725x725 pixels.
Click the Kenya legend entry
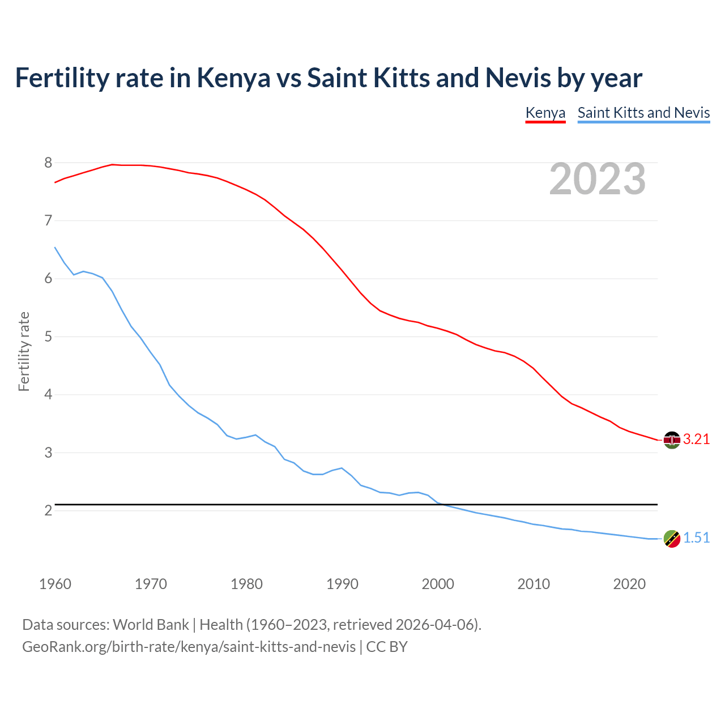pyautogui.click(x=545, y=113)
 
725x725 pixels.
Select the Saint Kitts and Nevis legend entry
pyautogui.click(x=643, y=113)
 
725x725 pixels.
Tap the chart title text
pyautogui.click(x=329, y=78)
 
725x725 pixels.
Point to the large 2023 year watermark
pyautogui.click(x=598, y=179)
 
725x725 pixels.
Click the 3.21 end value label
pyautogui.click(x=696, y=440)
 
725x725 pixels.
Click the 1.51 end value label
pyautogui.click(x=696, y=538)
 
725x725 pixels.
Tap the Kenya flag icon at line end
pyautogui.click(x=672, y=440)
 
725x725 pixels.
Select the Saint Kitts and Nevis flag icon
pyautogui.click(x=672, y=539)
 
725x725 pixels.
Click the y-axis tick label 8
pyautogui.click(x=48, y=163)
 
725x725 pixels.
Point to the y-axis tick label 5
pyautogui.click(x=48, y=337)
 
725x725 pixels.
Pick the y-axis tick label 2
pyautogui.click(x=48, y=511)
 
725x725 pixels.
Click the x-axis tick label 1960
pyautogui.click(x=55, y=584)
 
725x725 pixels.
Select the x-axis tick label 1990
pyautogui.click(x=342, y=584)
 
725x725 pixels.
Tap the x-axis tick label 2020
pyautogui.click(x=629, y=584)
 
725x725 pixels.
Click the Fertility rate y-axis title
pyautogui.click(x=24, y=351)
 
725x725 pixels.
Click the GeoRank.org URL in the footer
pyautogui.click(x=189, y=647)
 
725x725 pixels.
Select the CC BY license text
pyautogui.click(x=387, y=647)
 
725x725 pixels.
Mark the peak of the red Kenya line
pyautogui.click(x=112, y=164)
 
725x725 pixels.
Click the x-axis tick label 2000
pyautogui.click(x=438, y=584)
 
